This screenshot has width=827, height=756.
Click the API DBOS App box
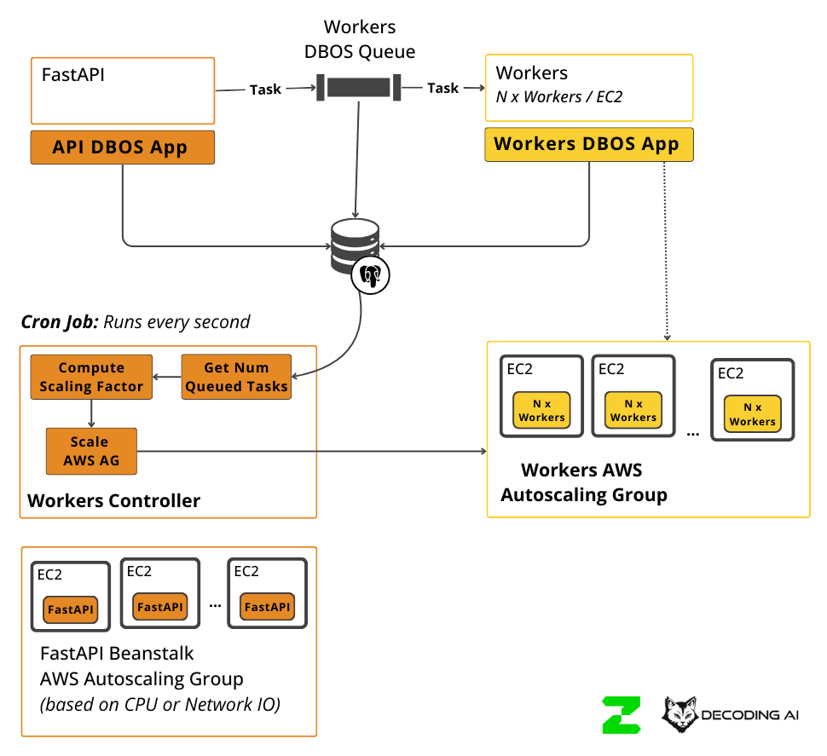pos(122,147)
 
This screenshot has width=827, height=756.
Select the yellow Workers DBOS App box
pos(588,144)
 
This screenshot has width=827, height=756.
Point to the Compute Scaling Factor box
pos(91,378)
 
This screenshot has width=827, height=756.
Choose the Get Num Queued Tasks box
pos(236,378)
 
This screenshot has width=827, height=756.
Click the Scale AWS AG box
pos(91,451)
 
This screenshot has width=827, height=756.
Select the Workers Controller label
pos(113,500)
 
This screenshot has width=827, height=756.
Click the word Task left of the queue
pos(265,89)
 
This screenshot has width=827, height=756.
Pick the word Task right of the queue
pos(442,88)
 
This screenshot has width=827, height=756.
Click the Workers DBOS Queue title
pos(360,40)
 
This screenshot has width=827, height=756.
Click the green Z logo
pos(621,715)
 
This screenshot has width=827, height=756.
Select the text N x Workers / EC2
pos(559,96)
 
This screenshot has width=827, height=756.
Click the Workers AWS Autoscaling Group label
pos(583,482)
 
